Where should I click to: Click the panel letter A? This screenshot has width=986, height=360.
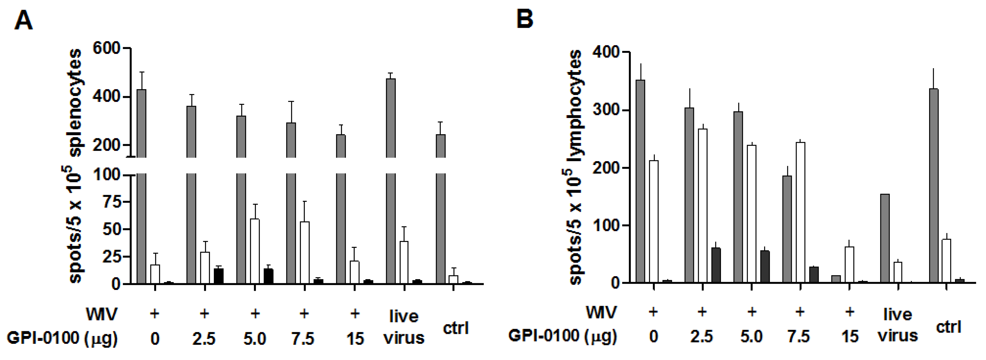click(24, 20)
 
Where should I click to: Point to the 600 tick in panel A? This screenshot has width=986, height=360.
click(106, 48)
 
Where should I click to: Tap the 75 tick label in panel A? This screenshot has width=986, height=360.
click(111, 202)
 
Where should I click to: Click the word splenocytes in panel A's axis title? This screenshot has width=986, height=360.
click(75, 102)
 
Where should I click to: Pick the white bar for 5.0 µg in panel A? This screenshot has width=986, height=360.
click(255, 251)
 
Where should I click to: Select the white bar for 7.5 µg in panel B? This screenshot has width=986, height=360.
click(800, 212)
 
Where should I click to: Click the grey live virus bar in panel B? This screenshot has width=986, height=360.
click(885, 238)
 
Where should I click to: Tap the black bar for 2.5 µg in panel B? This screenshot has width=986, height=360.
click(716, 265)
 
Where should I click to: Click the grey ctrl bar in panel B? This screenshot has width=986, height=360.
click(934, 186)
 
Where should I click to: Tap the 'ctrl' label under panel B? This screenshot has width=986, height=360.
click(949, 327)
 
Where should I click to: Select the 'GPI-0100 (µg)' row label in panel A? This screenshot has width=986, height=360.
click(62, 338)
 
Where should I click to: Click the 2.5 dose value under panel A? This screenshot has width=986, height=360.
click(204, 338)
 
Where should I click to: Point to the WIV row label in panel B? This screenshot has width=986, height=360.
click(601, 313)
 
